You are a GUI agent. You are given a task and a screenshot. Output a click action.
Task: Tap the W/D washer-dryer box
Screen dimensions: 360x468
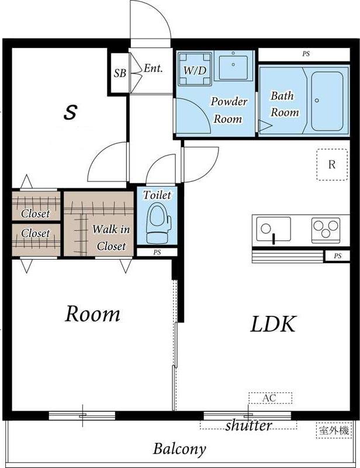(195, 69)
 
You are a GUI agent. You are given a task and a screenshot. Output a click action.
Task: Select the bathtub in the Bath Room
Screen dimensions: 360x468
(327, 101)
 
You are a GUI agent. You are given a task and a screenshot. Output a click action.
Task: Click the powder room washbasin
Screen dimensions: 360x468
(233, 67)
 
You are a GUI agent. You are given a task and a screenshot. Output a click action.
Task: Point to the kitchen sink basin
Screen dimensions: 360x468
(274, 229)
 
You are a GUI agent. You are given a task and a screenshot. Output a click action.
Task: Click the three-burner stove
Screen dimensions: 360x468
(326, 230)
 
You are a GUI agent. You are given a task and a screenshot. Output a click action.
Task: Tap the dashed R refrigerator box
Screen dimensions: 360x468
(332, 164)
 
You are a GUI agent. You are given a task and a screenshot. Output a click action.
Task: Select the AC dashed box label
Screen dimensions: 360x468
(270, 398)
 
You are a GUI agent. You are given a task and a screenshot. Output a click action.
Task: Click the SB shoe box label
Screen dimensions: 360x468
(120, 73)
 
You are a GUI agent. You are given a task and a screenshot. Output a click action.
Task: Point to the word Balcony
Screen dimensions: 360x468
(179, 449)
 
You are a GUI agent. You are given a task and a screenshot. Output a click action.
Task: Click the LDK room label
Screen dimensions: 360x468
(273, 324)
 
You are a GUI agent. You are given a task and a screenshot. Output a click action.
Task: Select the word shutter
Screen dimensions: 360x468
(249, 425)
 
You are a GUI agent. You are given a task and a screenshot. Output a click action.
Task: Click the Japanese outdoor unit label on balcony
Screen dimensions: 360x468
(334, 431)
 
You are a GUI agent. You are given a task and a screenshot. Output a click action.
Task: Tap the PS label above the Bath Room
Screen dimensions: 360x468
(306, 54)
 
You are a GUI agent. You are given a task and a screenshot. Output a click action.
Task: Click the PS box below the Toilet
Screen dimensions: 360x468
(157, 252)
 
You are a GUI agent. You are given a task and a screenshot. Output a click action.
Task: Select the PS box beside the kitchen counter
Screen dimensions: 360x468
(338, 256)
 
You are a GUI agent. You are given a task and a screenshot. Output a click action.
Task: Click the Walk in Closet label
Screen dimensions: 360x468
(111, 238)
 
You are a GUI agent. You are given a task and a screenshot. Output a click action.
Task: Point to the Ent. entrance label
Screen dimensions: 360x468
(153, 68)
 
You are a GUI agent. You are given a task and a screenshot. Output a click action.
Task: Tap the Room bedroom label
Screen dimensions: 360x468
(92, 314)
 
